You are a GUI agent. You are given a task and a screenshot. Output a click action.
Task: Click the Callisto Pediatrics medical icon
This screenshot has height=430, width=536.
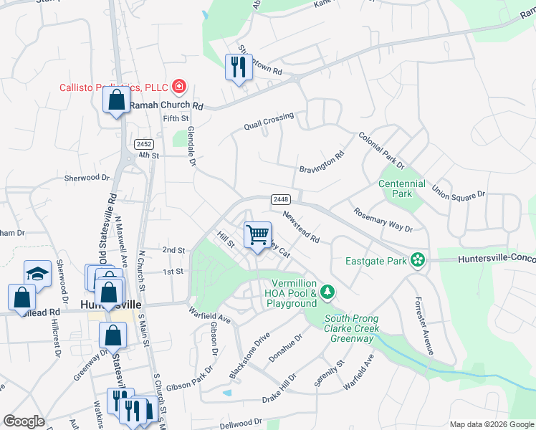pos(179,88)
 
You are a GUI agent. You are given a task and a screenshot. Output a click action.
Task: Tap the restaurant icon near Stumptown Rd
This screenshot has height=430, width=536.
pos(237,67)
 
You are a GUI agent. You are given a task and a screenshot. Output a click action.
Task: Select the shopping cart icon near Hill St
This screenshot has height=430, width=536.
pos(257,234)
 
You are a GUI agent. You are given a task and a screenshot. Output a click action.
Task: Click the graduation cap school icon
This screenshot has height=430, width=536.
pos(37,273)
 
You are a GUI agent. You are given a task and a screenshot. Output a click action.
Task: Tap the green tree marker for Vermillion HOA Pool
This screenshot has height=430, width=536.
pos(327,291)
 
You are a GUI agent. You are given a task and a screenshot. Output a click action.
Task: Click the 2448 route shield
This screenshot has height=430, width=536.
pos(280,199)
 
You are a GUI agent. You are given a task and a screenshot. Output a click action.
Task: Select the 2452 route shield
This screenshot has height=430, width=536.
pos(143,144)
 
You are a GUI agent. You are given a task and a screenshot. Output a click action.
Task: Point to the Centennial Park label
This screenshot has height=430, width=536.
pos(402,188)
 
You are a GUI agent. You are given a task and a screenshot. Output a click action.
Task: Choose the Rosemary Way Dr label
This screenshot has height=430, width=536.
pos(383,219)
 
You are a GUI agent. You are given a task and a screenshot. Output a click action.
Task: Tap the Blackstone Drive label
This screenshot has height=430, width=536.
pos(249,355)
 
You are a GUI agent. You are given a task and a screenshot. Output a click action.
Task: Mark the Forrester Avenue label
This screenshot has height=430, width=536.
pos(424,326)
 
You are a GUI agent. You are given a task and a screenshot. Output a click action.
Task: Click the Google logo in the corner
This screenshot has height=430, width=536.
pos(24,421)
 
